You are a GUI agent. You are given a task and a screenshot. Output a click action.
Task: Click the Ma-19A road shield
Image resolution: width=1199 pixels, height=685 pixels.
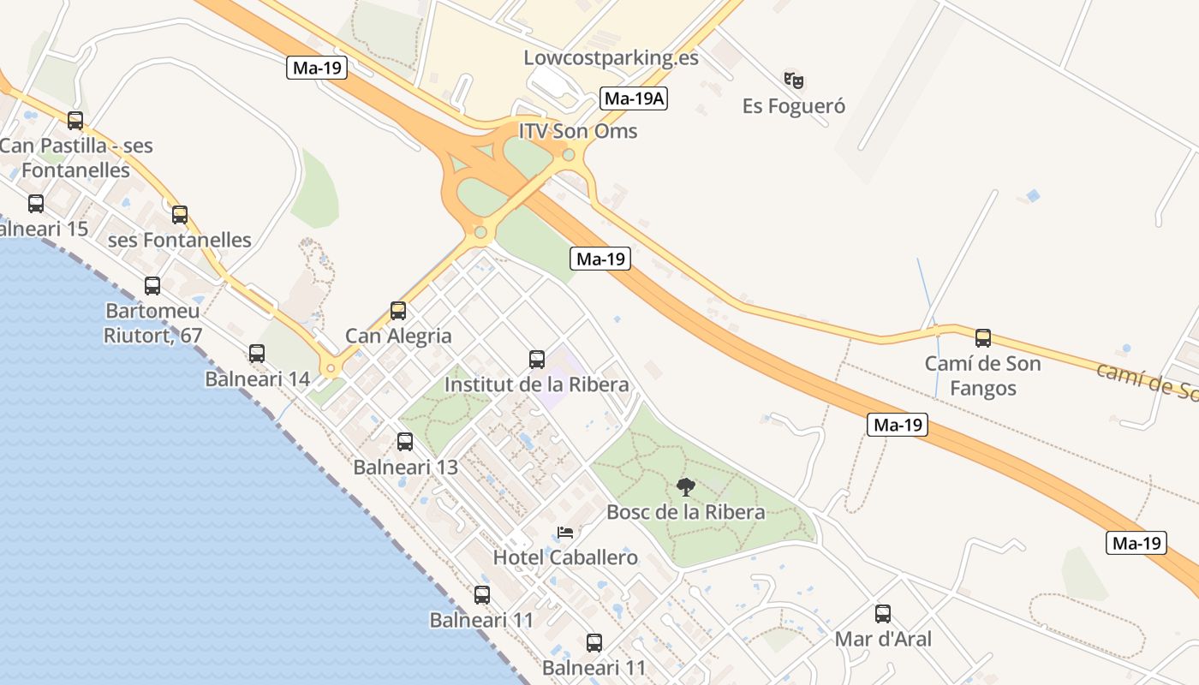click(x=634, y=98)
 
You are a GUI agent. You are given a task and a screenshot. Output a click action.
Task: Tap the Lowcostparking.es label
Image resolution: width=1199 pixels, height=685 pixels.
click(x=611, y=58)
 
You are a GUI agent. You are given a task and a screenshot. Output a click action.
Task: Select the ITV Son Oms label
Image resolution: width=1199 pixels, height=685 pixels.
click(x=578, y=131)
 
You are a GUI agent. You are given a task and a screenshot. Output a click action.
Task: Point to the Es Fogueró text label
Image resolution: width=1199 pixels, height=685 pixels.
click(x=794, y=106)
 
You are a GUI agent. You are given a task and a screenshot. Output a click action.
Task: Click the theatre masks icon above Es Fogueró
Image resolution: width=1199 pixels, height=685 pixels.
click(x=794, y=80)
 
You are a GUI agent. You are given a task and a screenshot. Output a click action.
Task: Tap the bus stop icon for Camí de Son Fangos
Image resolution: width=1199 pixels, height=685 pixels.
click(x=983, y=338)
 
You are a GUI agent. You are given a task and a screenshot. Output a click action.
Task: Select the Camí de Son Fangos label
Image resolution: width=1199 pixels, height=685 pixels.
click(x=983, y=376)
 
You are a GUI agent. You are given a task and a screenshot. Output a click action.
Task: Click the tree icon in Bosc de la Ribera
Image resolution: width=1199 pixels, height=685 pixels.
click(x=685, y=487)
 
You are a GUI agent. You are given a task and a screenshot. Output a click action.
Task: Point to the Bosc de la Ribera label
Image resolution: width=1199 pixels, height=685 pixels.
click(x=685, y=512)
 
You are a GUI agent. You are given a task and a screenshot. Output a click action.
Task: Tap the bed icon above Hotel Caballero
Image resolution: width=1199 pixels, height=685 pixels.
click(x=565, y=533)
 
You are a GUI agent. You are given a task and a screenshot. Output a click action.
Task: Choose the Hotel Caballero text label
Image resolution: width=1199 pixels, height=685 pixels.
click(x=565, y=557)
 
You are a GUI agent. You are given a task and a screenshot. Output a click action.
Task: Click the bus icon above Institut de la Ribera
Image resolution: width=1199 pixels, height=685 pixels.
click(x=537, y=360)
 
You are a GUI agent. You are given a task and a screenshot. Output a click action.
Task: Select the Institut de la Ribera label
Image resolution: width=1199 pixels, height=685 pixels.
click(x=537, y=384)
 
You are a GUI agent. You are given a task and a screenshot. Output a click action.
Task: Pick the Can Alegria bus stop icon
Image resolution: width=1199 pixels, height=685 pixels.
click(x=398, y=311)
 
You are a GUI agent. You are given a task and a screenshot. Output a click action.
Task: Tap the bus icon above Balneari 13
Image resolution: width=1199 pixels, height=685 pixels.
click(x=405, y=442)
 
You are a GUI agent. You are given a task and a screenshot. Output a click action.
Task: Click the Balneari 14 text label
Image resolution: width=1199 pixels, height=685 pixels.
click(x=257, y=378)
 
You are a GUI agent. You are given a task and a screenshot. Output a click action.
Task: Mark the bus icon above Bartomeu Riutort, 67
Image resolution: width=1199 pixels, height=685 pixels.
click(x=152, y=286)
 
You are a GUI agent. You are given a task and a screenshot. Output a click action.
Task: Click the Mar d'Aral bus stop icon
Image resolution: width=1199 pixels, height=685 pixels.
click(x=883, y=614)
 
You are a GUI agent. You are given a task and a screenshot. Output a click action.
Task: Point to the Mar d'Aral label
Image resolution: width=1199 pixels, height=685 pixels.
click(x=883, y=639)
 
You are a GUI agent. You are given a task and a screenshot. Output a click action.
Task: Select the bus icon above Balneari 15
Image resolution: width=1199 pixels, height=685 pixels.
click(x=36, y=204)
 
